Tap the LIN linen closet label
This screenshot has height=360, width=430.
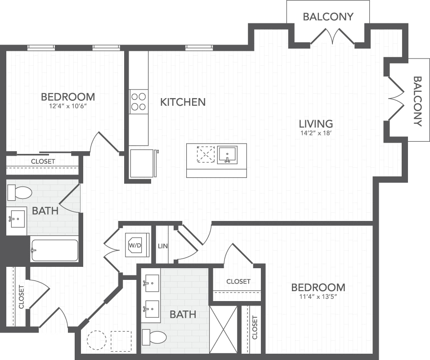[x=163, y=246]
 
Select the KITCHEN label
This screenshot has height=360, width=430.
[x=183, y=102]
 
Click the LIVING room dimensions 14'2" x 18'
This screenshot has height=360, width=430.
[x=316, y=134]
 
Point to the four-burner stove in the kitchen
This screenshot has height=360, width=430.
[x=139, y=102]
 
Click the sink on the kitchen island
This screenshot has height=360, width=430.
[x=227, y=155]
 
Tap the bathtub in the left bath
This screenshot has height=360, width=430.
[x=54, y=250]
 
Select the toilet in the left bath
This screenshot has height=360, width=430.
[x=19, y=193]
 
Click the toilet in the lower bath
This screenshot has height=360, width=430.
[x=154, y=337]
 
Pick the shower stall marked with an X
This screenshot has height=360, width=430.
[x=223, y=329]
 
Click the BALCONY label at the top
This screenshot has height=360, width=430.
[x=328, y=17]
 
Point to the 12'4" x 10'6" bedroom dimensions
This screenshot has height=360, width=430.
[x=68, y=106]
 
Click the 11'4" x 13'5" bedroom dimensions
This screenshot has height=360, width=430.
[x=318, y=297]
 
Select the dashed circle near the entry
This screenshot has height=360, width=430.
[x=97, y=340]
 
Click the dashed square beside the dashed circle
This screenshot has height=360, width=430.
[x=121, y=341]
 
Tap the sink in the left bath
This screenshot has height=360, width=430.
[x=17, y=219]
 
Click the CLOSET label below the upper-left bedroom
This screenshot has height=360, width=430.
[x=43, y=162]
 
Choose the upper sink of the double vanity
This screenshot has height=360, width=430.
[x=151, y=283]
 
